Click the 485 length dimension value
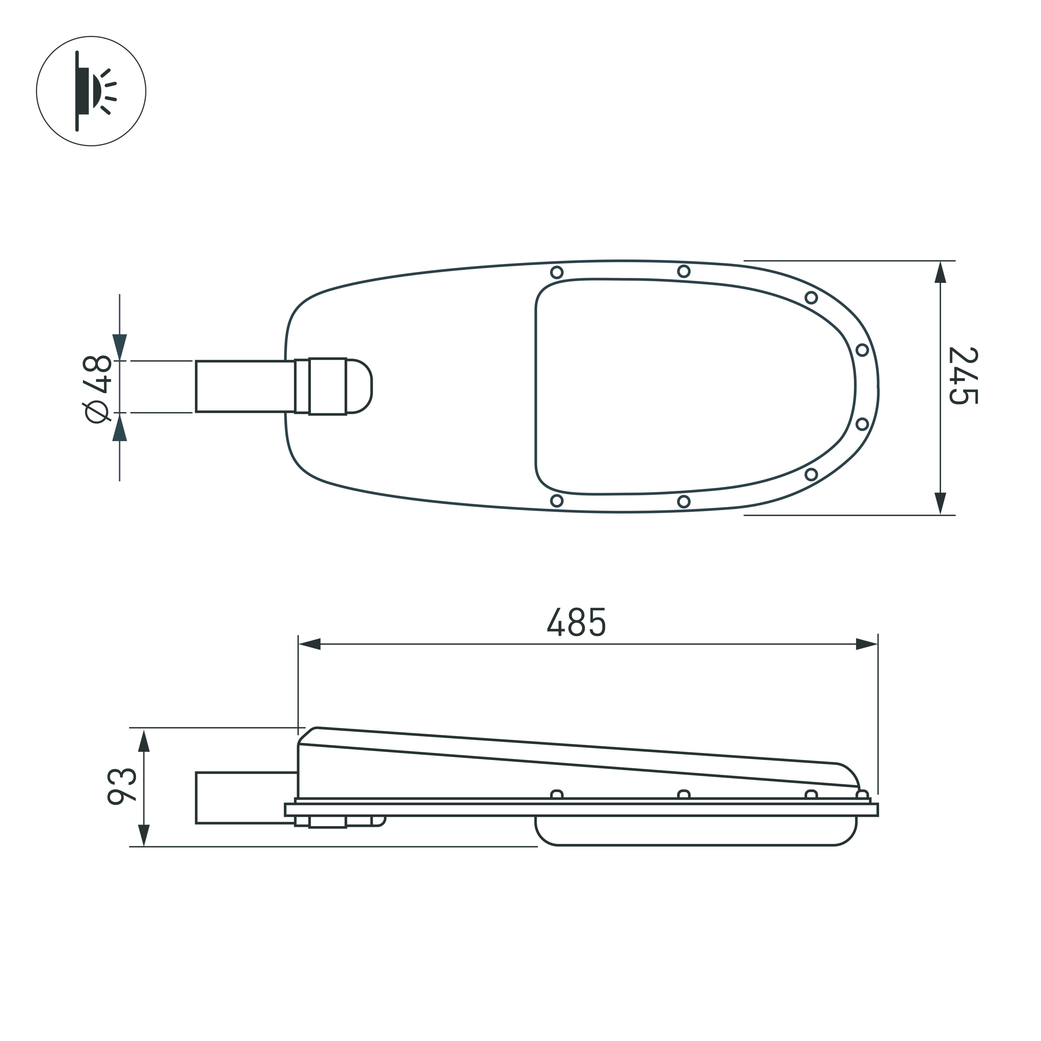pyautogui.click(x=576, y=622)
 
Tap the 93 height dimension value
pyautogui.click(x=122, y=786)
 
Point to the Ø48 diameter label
pyautogui.click(x=97, y=389)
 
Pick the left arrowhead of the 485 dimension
pyautogui.click(x=310, y=644)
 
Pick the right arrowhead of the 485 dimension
pyautogui.click(x=866, y=644)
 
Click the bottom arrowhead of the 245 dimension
pyautogui.click(x=940, y=504)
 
